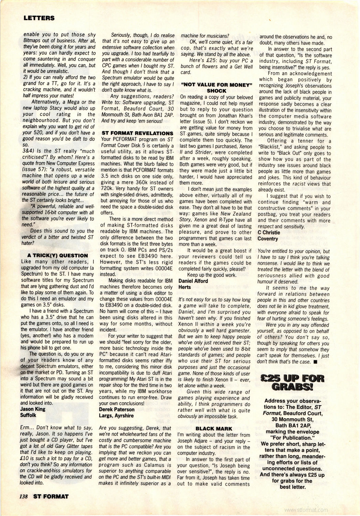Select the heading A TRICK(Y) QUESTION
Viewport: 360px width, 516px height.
(57, 255)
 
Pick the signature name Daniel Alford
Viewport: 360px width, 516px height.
(193, 281)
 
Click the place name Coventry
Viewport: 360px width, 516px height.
(268, 238)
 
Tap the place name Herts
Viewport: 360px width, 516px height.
(185, 287)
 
